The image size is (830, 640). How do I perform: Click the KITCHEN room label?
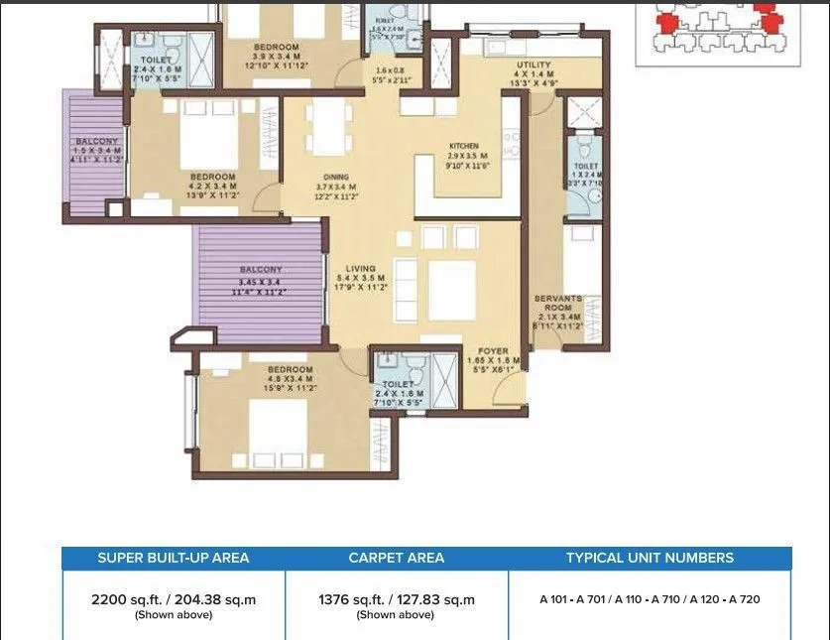tap(462, 146)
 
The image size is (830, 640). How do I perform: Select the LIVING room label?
tap(360, 268)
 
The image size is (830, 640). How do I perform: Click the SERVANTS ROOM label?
tap(558, 298)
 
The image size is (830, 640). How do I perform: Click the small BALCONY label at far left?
tap(96, 142)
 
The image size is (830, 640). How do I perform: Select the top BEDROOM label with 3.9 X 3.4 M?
tap(276, 48)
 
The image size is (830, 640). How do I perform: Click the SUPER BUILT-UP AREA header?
tap(174, 558)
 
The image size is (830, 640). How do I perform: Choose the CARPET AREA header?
tap(397, 558)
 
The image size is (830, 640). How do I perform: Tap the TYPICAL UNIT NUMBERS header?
tap(650, 558)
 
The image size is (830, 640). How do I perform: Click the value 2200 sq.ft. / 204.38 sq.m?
tap(174, 599)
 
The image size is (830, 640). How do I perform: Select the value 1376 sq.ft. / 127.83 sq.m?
tap(397, 599)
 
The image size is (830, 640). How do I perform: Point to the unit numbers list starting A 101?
tap(650, 599)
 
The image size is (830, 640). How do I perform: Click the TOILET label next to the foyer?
tap(398, 384)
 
